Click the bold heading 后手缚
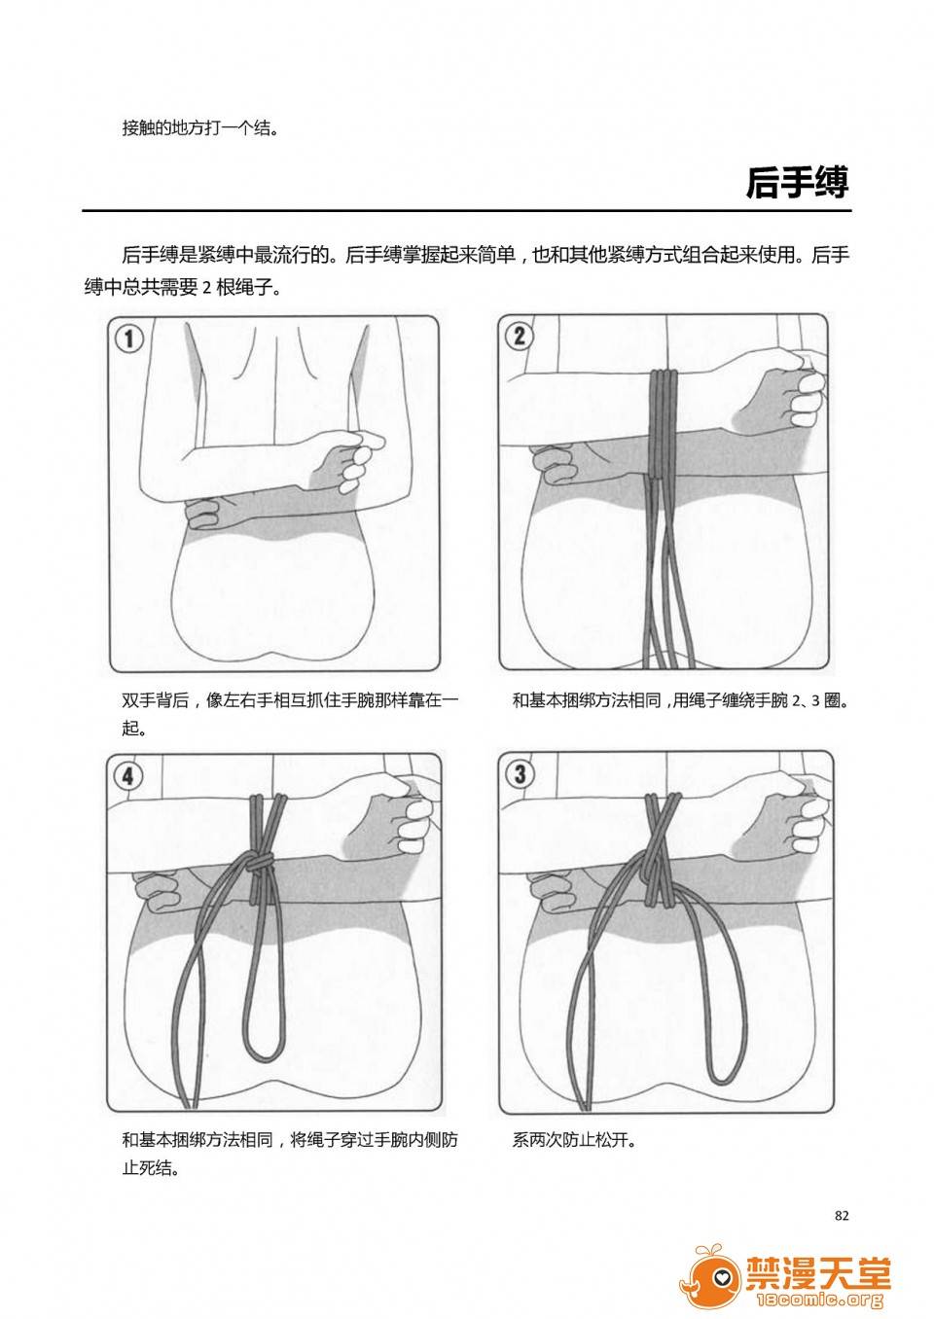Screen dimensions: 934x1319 point(798,183)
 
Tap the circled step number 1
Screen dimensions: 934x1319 point(128,339)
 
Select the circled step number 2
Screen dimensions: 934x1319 point(519,337)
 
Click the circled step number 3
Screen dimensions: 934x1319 point(520,773)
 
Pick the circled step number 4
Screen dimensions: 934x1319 point(128,776)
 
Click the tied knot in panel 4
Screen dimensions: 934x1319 point(260,864)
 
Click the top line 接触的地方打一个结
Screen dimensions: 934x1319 point(200,127)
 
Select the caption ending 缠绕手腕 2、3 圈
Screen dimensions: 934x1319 point(680,700)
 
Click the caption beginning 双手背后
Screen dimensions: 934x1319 point(290,714)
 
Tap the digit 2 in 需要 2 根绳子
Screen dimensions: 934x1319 point(206,289)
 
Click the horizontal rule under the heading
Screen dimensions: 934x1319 point(467,210)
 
